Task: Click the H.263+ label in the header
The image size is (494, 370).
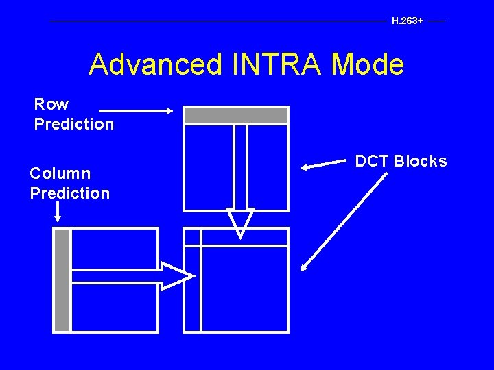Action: point(407,21)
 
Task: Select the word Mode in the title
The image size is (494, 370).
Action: point(368,65)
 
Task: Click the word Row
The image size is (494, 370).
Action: point(51,104)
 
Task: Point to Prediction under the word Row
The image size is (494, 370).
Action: point(74,124)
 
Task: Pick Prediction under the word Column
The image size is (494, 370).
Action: point(69,193)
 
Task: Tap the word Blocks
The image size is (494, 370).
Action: point(420,161)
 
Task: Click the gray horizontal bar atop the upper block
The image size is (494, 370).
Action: point(236,115)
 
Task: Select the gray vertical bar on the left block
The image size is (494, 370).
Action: point(62,280)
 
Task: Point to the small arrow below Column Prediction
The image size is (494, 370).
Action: point(58,212)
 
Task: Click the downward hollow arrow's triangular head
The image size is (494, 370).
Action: point(240,221)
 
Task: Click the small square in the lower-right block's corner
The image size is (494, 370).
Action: point(192,237)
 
